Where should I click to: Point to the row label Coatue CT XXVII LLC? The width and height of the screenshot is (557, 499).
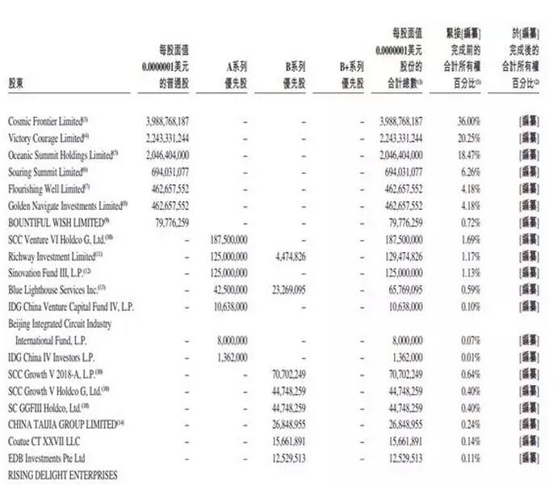pyautogui.click(x=44, y=442)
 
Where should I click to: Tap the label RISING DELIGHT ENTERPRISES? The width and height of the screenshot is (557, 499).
pyautogui.click(x=62, y=476)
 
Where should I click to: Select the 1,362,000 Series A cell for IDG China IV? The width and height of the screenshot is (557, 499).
pyautogui.click(x=232, y=357)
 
